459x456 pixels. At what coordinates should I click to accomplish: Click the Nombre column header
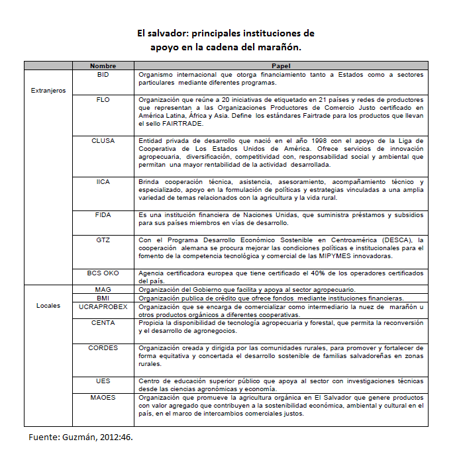click(x=103, y=66)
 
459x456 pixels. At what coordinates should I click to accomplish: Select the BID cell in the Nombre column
click(x=103, y=75)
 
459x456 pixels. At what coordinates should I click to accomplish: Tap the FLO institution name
click(x=103, y=99)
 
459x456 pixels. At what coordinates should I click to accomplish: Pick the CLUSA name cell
click(x=103, y=140)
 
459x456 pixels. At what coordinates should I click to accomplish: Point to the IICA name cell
click(x=103, y=181)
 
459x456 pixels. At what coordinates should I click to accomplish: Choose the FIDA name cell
click(x=103, y=215)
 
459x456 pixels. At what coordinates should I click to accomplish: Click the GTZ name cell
click(x=103, y=239)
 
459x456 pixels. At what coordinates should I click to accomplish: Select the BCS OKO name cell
click(x=103, y=273)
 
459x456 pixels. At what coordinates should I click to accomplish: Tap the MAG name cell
click(x=103, y=289)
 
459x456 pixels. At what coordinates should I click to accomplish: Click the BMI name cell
click(x=103, y=298)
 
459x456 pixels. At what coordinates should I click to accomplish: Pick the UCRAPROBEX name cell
click(x=103, y=306)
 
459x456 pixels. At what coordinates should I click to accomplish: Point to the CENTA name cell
click(x=103, y=322)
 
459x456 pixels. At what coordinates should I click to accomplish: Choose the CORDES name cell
click(x=103, y=347)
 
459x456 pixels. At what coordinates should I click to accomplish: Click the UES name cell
click(x=103, y=381)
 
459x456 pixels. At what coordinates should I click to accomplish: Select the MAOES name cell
click(x=103, y=397)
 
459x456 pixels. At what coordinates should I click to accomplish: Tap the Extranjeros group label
click(x=48, y=91)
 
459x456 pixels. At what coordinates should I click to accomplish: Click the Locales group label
click(x=48, y=306)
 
